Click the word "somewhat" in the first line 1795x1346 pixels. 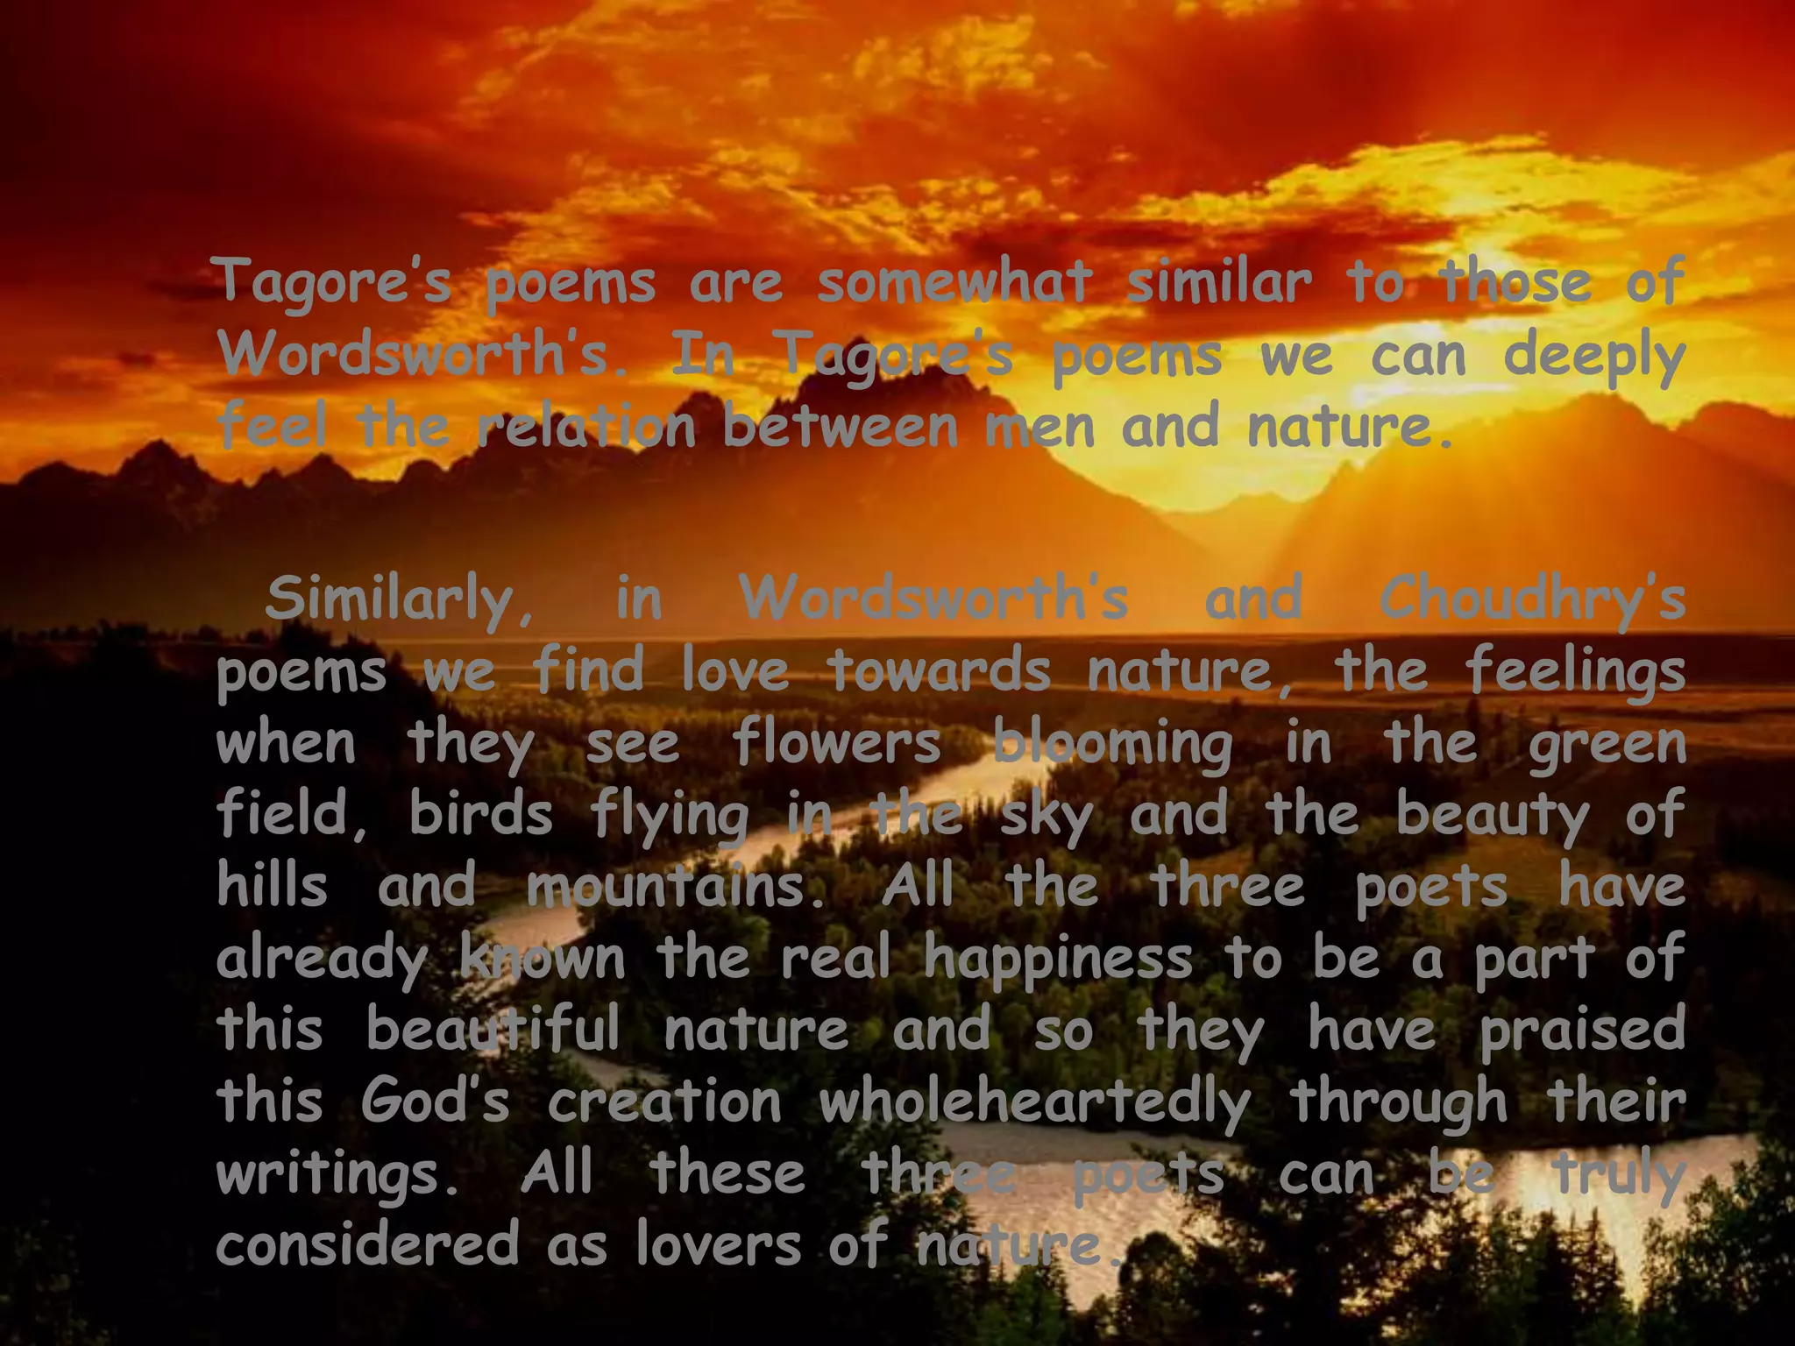(x=954, y=282)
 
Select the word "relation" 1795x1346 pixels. (x=586, y=427)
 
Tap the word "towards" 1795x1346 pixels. (x=939, y=670)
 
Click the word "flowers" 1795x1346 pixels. (x=836, y=742)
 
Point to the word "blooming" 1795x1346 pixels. (x=1112, y=744)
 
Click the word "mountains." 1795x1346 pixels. (x=678, y=886)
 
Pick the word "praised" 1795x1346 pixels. (x=1583, y=1030)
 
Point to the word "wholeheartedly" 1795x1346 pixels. (x=1034, y=1102)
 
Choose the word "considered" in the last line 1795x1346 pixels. (x=367, y=1243)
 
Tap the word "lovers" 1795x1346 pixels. (x=718, y=1243)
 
